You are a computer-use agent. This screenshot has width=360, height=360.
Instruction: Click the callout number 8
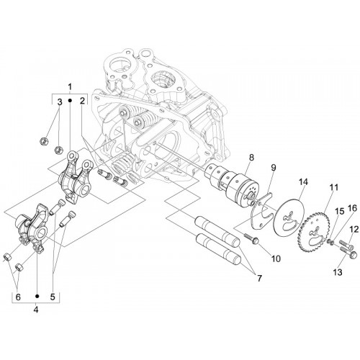(251, 158)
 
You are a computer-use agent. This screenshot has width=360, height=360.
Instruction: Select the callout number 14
(303, 182)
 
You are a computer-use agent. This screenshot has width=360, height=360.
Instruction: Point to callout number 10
(276, 258)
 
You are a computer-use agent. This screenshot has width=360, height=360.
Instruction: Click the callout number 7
(259, 279)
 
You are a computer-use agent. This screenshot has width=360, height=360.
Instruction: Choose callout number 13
(338, 272)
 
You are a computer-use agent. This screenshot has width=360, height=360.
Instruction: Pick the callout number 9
(274, 168)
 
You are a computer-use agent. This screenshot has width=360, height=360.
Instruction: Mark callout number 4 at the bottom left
(36, 310)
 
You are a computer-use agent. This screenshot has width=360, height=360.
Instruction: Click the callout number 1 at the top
(70, 86)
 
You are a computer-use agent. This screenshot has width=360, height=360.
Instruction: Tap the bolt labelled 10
(251, 238)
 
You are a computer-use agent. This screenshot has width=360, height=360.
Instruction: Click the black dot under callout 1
(70, 101)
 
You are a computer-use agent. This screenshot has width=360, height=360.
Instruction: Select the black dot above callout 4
(37, 296)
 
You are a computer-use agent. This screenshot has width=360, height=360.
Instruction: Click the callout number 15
(340, 212)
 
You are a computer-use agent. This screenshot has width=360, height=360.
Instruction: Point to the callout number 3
(60, 102)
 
